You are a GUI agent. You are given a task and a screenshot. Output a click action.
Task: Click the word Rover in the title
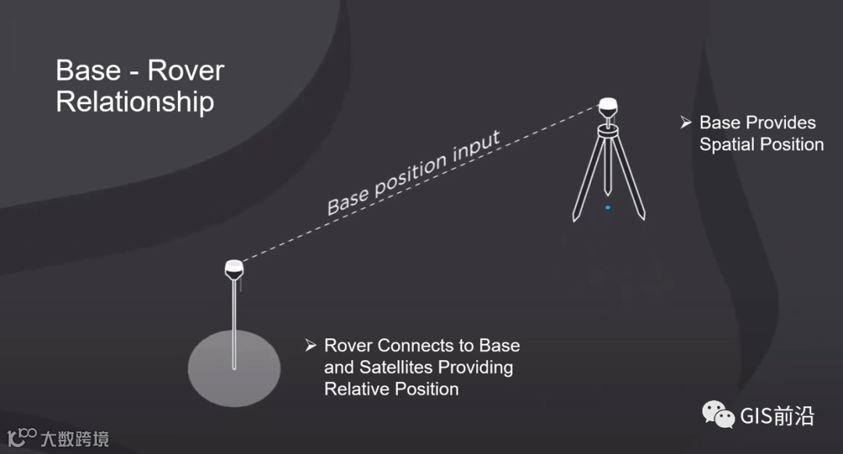(x=186, y=71)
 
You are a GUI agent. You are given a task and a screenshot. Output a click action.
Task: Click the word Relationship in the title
(x=135, y=102)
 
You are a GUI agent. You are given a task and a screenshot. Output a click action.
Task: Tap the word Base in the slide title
(x=88, y=71)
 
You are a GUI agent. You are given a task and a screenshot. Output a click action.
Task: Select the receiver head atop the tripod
(x=608, y=106)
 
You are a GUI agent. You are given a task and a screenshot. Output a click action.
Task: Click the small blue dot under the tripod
(x=607, y=208)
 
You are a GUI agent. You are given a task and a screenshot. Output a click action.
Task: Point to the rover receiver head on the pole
(x=234, y=268)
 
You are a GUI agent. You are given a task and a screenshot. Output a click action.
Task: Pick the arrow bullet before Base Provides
(x=685, y=123)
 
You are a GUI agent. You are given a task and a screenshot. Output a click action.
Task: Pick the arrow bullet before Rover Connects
(x=311, y=345)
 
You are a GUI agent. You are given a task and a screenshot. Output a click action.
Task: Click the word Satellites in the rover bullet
(x=397, y=367)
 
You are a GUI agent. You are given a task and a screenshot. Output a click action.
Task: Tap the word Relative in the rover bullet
(x=355, y=388)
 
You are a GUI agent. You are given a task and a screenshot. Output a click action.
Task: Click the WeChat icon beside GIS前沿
(x=718, y=415)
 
